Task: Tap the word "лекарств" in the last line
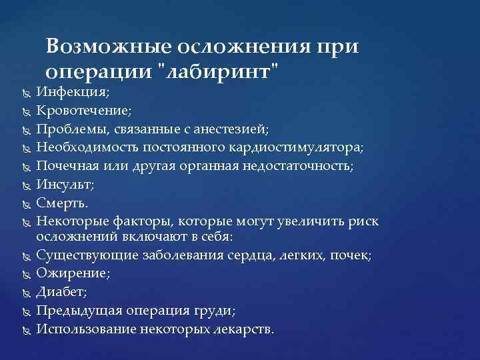pyautogui.click(x=242, y=329)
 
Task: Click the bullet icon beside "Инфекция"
pyautogui.click(x=24, y=93)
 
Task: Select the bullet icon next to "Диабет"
pyautogui.click(x=24, y=293)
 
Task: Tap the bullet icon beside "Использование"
pyautogui.click(x=24, y=329)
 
